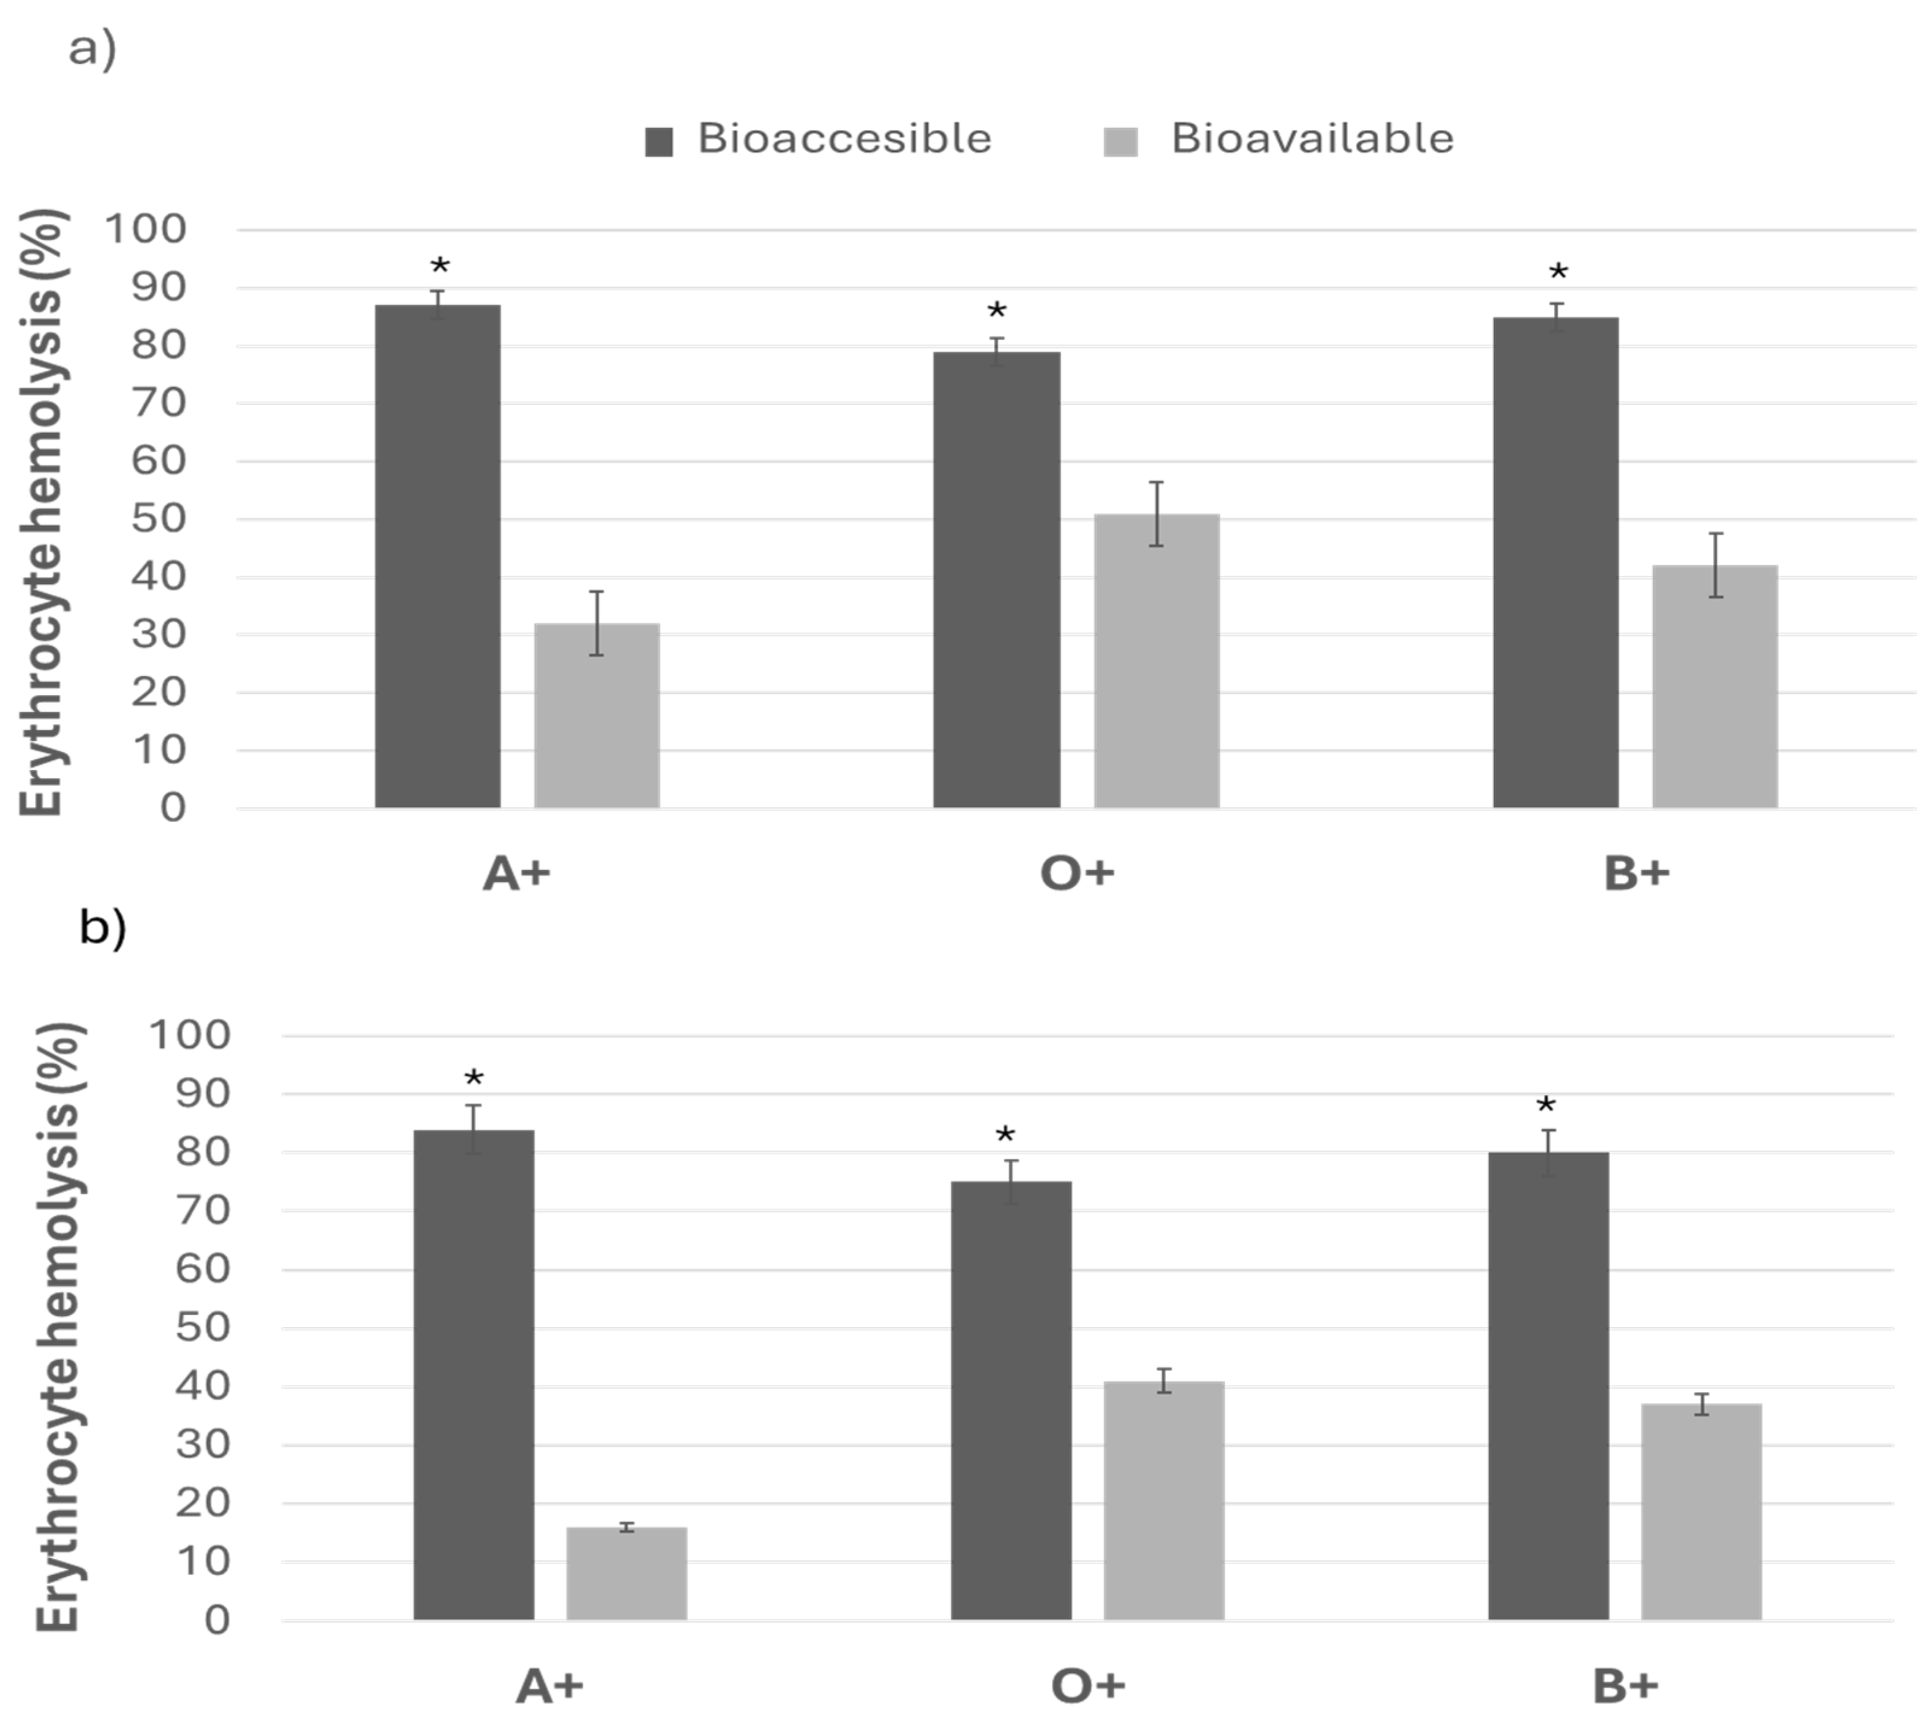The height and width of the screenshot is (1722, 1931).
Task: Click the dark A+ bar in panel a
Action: [438, 557]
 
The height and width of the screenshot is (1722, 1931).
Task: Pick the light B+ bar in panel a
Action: [1715, 687]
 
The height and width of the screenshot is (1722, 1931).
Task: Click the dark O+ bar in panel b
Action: [1011, 1400]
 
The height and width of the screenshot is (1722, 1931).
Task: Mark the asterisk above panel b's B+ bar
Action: [1546, 1105]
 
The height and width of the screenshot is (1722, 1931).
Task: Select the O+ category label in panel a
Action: [1078, 872]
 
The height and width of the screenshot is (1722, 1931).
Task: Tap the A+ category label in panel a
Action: [517, 872]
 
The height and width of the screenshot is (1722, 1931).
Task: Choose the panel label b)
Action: [102, 927]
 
